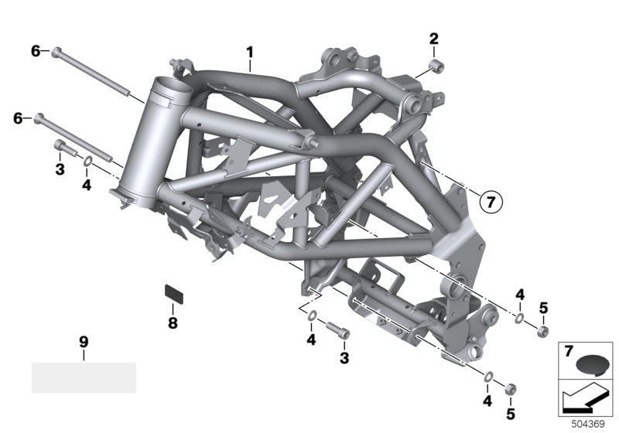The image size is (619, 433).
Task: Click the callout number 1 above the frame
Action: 249,53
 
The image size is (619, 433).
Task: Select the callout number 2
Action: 434,39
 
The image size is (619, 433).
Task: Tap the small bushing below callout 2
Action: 437,66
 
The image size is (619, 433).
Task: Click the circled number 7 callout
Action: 491,203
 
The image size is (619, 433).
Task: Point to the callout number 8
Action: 173,323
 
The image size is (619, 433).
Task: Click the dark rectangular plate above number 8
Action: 173,293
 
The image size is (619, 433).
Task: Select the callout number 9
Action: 84,342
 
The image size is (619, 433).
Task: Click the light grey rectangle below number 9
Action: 84,377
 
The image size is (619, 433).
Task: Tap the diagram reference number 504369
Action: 588,424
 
